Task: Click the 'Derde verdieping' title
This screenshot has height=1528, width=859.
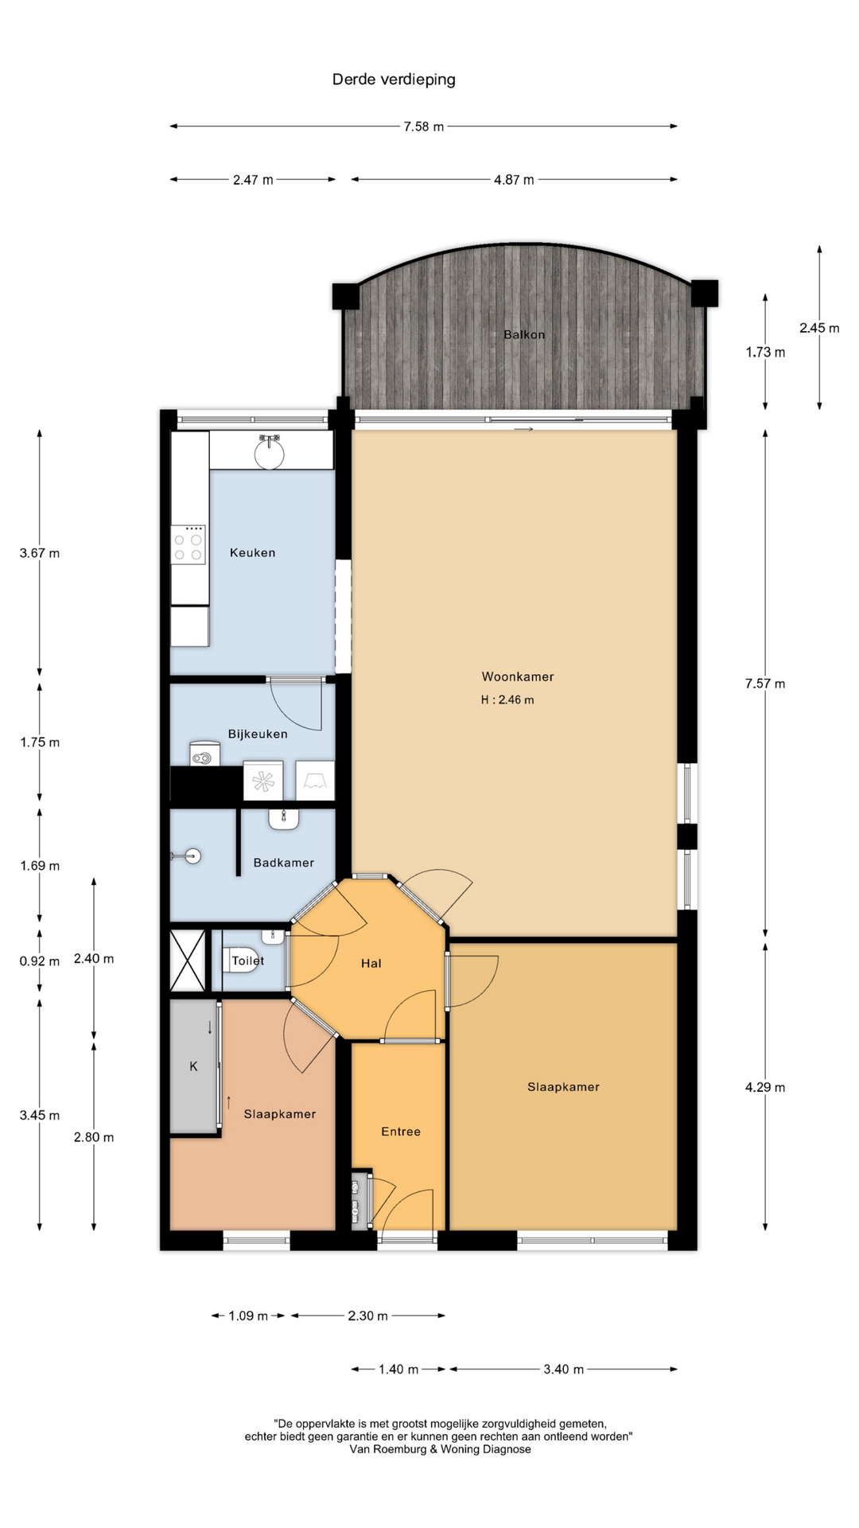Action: [394, 79]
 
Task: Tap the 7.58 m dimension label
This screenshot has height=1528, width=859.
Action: [423, 127]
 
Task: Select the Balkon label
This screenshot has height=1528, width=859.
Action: [524, 334]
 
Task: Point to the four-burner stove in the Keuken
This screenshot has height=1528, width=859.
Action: [189, 544]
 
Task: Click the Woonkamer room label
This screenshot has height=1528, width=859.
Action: [518, 676]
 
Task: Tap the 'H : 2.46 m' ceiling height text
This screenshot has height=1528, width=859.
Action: [507, 700]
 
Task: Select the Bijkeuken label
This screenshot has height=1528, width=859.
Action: [258, 734]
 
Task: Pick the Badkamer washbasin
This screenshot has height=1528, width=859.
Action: [284, 819]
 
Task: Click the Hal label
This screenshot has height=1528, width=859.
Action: [371, 963]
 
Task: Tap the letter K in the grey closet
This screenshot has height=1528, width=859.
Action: [193, 1066]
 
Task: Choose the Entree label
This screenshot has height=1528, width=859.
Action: [401, 1131]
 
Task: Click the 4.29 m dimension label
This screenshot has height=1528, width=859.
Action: [765, 1087]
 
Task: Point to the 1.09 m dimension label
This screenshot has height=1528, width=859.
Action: [248, 1316]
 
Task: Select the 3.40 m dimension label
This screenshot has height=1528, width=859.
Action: [564, 1369]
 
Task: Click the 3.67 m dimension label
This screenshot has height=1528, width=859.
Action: [40, 553]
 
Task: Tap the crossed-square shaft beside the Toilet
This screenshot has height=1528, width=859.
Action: [188, 961]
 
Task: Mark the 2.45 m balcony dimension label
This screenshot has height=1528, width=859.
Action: [819, 328]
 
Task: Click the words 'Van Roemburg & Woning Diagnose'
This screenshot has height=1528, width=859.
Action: [440, 1449]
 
